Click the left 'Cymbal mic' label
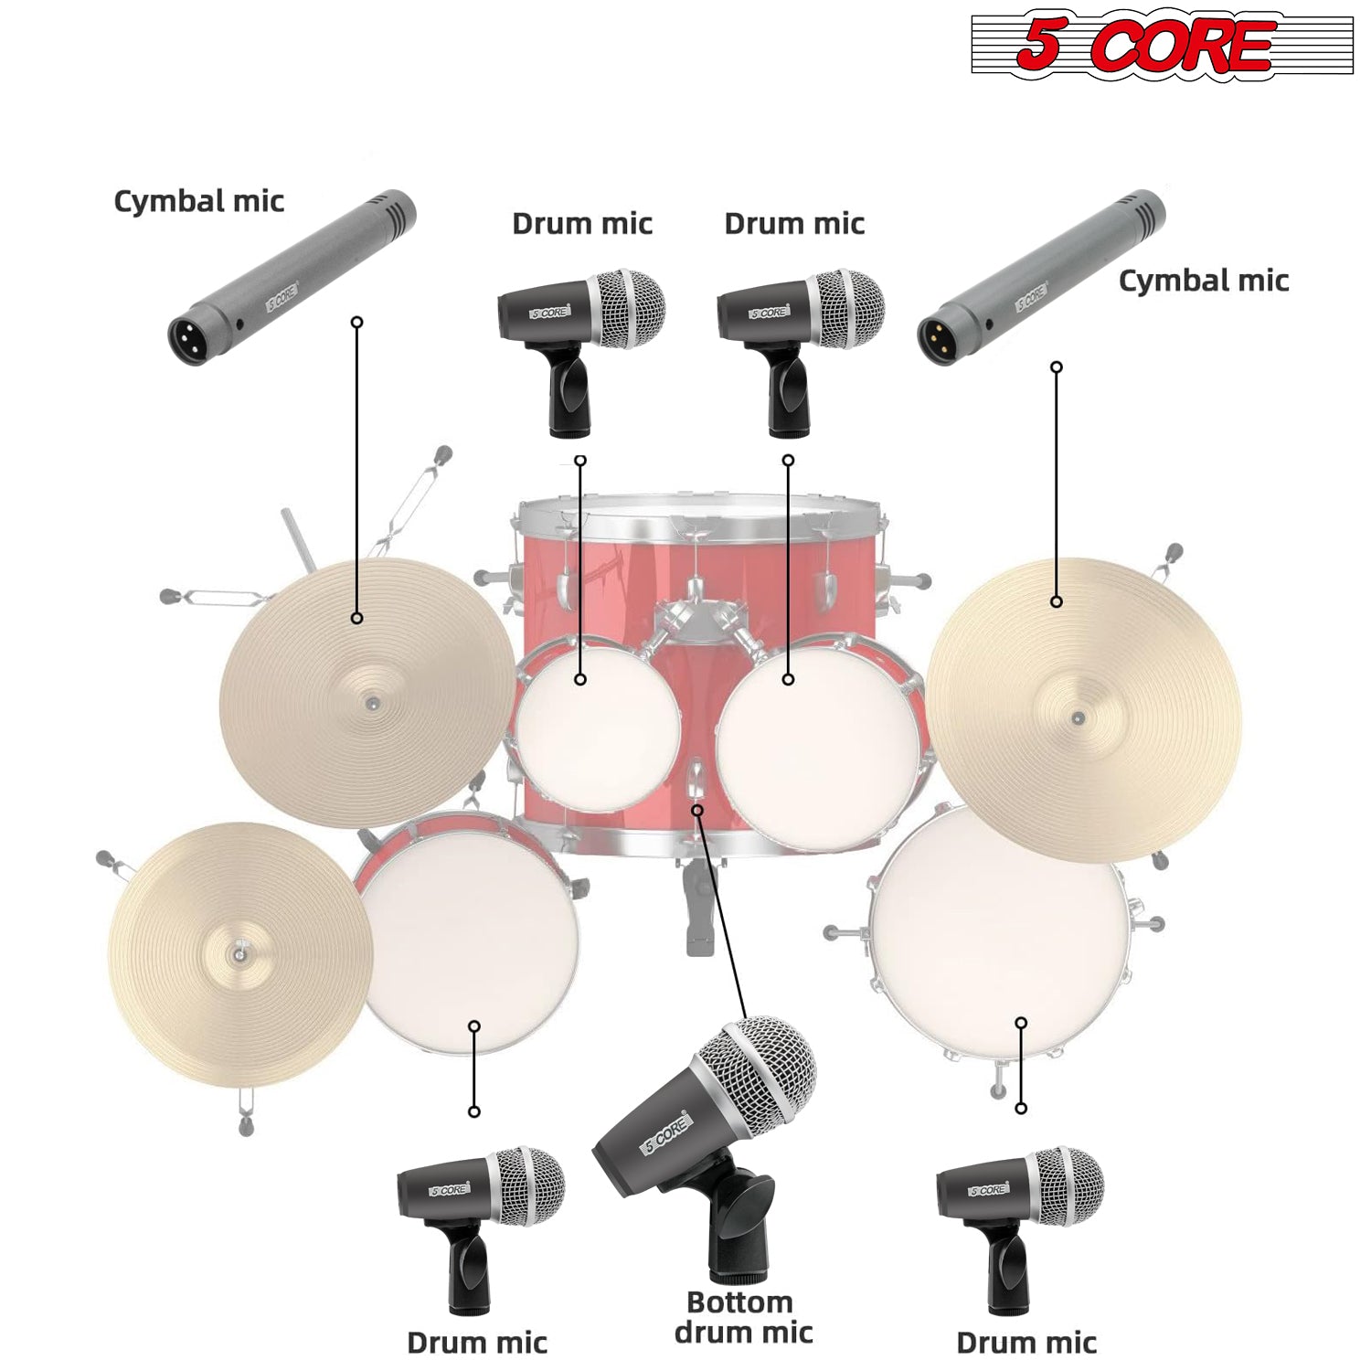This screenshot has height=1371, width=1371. pyautogui.click(x=198, y=201)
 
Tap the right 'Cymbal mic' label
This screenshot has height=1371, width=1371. pyautogui.click(x=1203, y=281)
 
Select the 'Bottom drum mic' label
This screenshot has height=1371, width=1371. pyautogui.click(x=743, y=1317)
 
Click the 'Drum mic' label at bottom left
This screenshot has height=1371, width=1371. pyautogui.click(x=476, y=1343)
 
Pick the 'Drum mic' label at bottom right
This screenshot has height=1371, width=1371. pyautogui.click(x=1026, y=1343)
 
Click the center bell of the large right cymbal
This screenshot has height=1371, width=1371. pyautogui.click(x=1079, y=717)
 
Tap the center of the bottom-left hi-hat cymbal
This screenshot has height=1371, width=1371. pyautogui.click(x=239, y=953)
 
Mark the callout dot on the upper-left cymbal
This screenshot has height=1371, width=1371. pyautogui.click(x=357, y=619)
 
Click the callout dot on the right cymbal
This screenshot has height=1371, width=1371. pyautogui.click(x=1057, y=601)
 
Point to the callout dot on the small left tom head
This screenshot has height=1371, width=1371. pyautogui.click(x=580, y=679)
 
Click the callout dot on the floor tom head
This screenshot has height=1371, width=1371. pyautogui.click(x=1021, y=1023)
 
